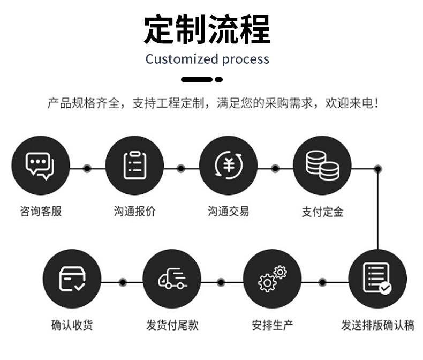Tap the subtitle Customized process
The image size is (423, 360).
[207, 59]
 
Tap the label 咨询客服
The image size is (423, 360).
[41, 211]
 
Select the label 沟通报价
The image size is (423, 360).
[134, 211]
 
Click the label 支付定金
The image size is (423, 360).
[322, 212]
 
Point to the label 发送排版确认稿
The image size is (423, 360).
[377, 325]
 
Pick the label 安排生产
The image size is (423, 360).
[272, 325]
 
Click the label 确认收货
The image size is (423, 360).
[72, 325]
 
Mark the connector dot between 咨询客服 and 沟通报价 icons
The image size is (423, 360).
[87, 169]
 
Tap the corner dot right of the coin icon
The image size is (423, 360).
[377, 169]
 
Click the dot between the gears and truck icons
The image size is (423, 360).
[222, 282]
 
